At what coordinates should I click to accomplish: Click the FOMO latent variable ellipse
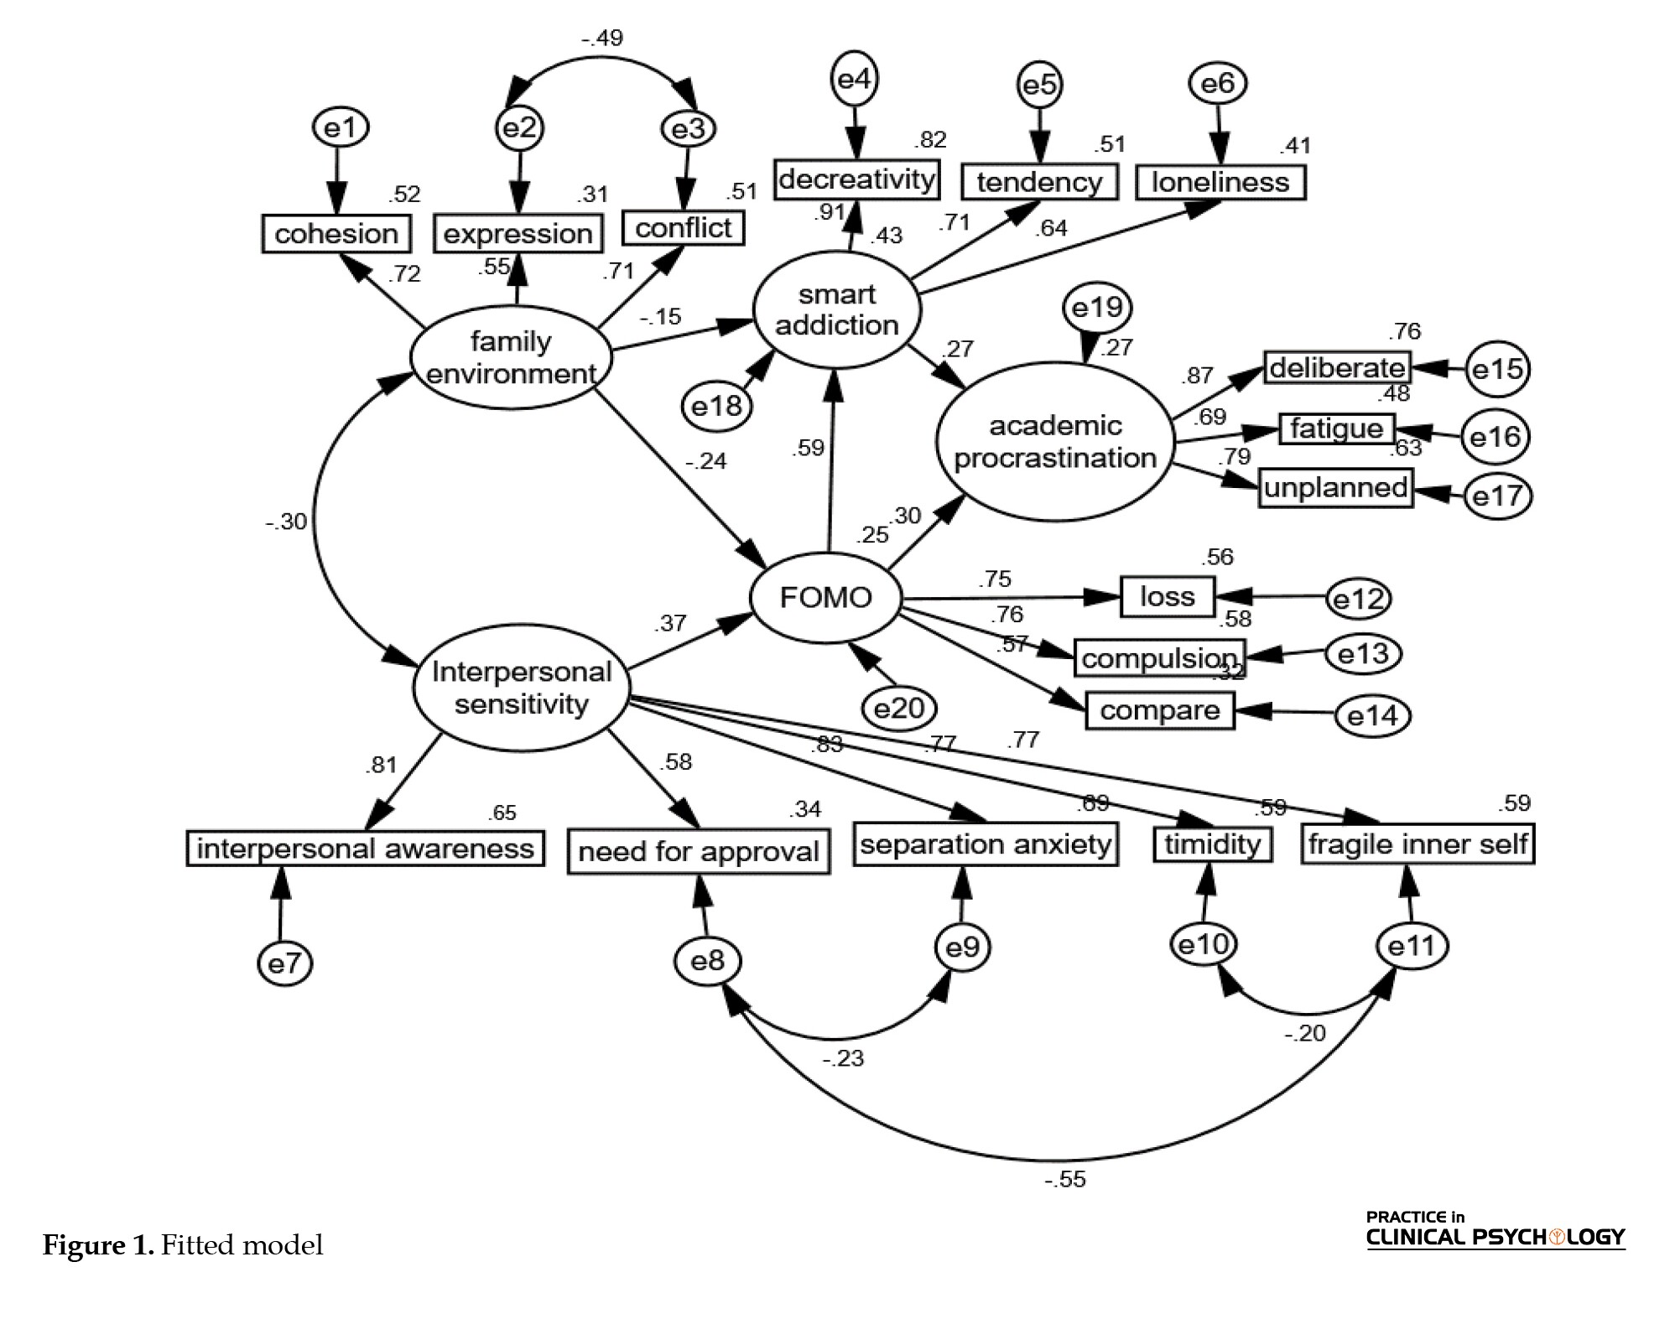pos(825,598)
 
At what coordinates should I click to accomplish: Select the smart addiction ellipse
pos(836,310)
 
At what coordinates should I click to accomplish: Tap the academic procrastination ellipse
pos(1054,442)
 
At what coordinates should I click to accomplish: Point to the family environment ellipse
pos(511,358)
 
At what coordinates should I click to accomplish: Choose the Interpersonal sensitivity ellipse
pos(521,688)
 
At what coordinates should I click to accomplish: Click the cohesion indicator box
pos(336,234)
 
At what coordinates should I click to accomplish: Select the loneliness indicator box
pos(1220,183)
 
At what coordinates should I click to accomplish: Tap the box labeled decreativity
pos(856,179)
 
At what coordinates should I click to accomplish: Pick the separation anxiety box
pos(986,844)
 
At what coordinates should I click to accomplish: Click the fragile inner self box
pos(1418,844)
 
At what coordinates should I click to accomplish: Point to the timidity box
pos(1212,844)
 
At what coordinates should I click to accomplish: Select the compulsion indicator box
pos(1160,658)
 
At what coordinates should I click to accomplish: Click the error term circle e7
pos(284,963)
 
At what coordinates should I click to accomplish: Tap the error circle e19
pos(1097,309)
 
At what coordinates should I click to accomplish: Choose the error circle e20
pos(898,709)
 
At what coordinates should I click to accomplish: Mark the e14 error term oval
pos(1373,715)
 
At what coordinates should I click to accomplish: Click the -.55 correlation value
pos(1065,1179)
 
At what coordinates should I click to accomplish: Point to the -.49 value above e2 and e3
pos(602,39)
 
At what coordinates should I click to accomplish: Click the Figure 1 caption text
pos(183,1245)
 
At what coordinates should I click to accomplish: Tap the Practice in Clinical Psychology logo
pos(1495,1229)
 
